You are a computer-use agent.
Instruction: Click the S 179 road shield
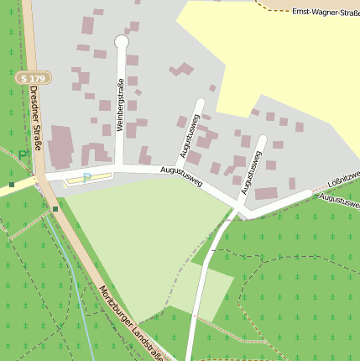33,77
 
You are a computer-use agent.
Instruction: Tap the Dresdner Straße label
36,117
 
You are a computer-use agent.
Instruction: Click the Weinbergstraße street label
121,105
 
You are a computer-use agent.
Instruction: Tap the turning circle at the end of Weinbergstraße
121,41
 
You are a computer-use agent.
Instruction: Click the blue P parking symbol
86,178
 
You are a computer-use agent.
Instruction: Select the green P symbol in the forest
23,155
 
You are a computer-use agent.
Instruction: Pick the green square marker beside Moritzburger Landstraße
55,208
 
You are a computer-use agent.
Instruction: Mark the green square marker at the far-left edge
12,184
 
